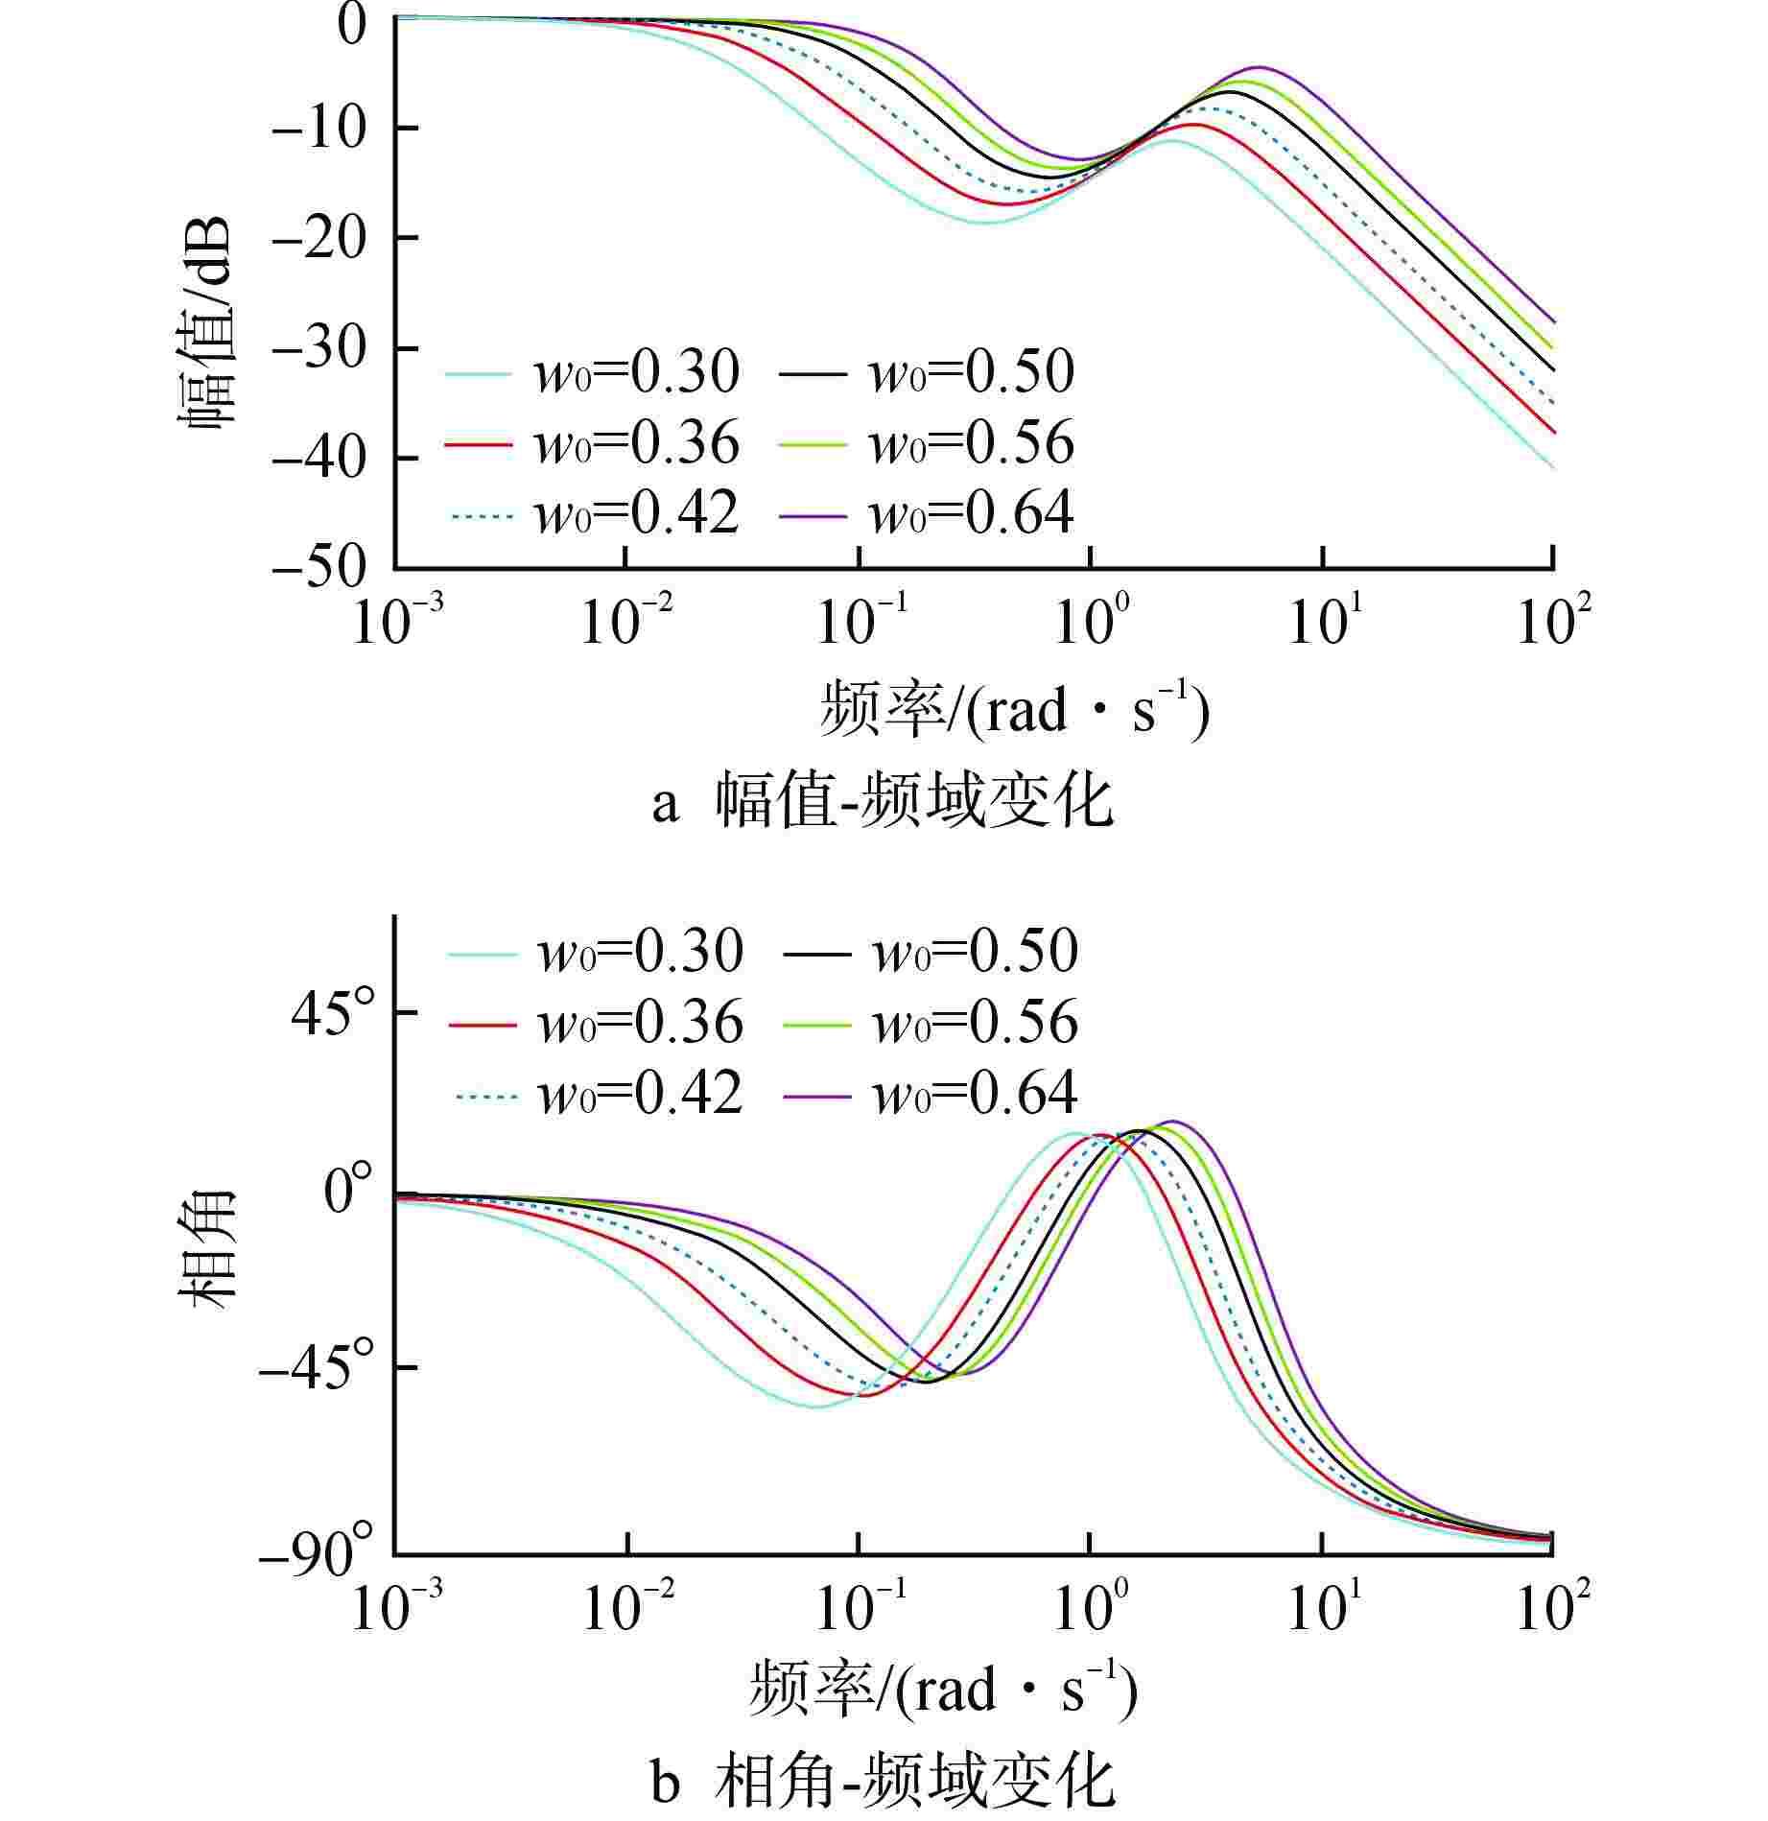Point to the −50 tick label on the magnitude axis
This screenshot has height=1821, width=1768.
coord(319,568)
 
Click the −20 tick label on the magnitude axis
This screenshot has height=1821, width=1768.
coord(319,237)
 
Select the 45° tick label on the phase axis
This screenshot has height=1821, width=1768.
coord(333,1013)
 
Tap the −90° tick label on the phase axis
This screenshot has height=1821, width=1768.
coord(317,1556)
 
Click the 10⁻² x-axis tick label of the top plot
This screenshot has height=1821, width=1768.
coord(626,619)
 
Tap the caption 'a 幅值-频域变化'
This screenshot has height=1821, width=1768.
coord(883,801)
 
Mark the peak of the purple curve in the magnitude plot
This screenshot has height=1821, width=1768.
coord(1260,67)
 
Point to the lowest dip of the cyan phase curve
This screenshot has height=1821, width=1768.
coord(814,1407)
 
